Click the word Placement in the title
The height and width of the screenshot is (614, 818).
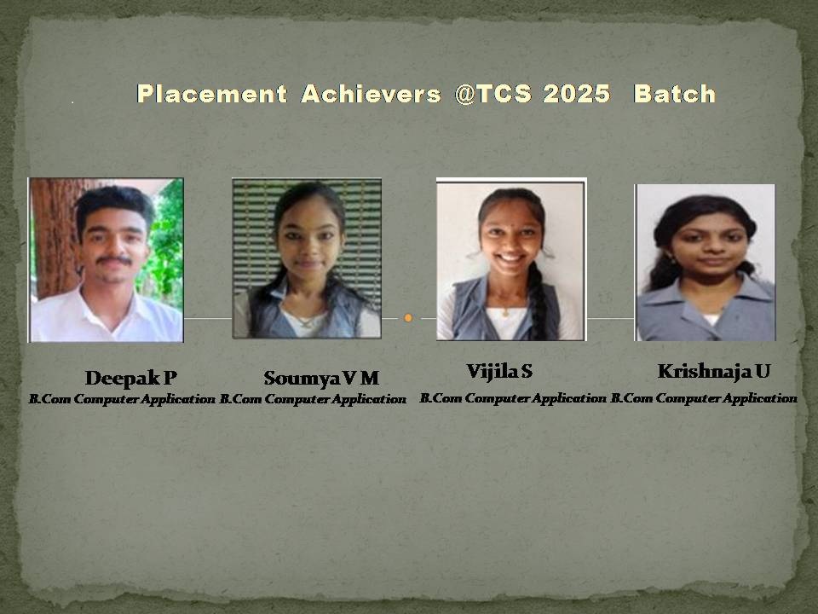pos(212,94)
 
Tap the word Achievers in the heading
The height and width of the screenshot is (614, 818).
pos(371,94)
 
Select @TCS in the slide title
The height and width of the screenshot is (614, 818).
pos(493,94)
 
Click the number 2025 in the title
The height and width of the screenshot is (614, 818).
pos(577,94)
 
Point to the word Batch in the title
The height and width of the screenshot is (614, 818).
pos(674,94)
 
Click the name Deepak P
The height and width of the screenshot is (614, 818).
pos(131,378)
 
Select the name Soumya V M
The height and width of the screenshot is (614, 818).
pos(321,378)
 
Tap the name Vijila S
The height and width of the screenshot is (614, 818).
pos(499,371)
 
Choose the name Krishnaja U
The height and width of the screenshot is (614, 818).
pos(714,371)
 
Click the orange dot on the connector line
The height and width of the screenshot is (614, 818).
pos(408,317)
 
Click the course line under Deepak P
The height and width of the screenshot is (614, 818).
pos(122,399)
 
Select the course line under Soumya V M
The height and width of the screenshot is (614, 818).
pos(313,399)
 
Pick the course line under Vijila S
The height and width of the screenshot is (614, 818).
pos(513,398)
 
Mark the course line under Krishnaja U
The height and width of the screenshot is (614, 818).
pos(704,398)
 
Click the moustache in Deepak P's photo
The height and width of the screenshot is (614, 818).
pos(114,259)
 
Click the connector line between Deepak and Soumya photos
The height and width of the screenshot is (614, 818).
pos(208,317)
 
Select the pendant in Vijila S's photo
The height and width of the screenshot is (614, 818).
pos(505,313)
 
